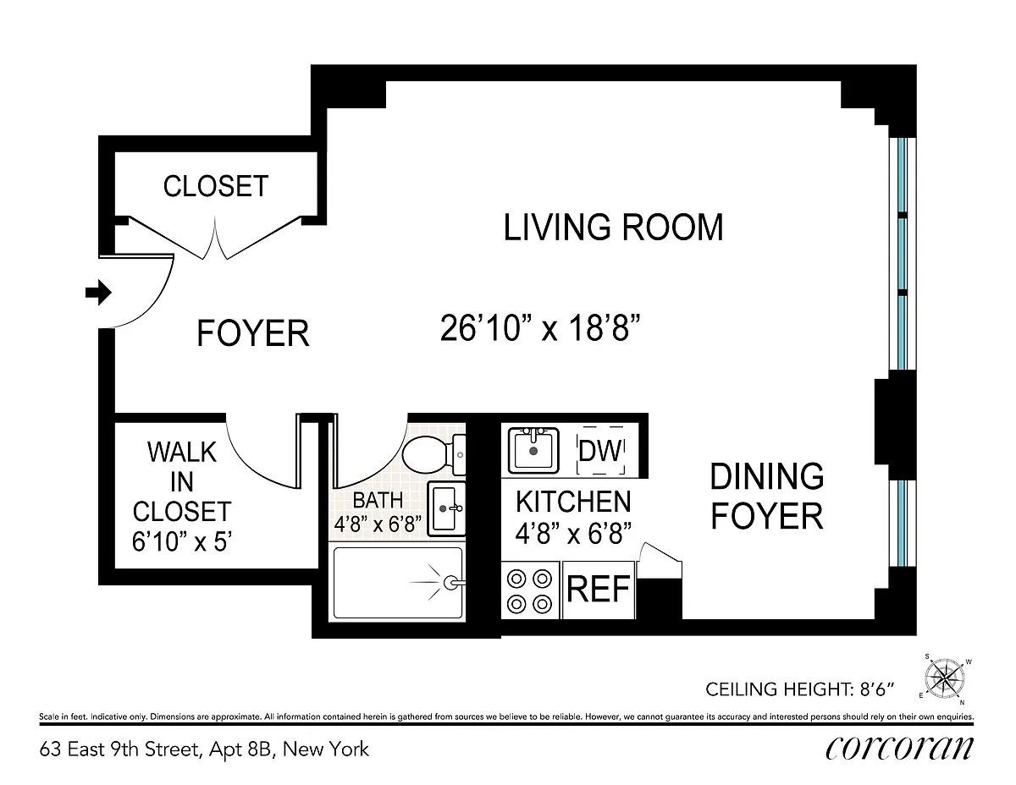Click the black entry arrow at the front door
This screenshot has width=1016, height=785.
pos(98,293)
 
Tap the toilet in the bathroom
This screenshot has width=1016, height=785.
pos(433,455)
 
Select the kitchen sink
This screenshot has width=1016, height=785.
pos(533,450)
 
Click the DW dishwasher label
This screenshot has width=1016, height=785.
pos(600,450)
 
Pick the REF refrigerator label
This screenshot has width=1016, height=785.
pos(599,589)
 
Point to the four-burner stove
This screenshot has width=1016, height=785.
pos(530,590)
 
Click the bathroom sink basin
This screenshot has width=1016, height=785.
pos(446,508)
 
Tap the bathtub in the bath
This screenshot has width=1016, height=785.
pos(398,582)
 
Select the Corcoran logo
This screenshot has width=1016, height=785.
pos(899,749)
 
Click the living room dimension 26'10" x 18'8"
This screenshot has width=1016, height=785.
pos(540,328)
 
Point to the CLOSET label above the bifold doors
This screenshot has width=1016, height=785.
pos(216,186)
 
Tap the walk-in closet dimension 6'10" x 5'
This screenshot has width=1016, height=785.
pos(182,541)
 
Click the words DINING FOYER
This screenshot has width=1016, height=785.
pos(767,497)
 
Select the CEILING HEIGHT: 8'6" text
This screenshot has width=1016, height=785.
pos(799,689)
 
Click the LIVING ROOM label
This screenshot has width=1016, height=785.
pos(614,228)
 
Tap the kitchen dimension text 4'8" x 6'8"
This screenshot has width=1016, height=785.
pos(573,533)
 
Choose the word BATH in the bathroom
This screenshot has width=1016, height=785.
pos(378,501)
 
